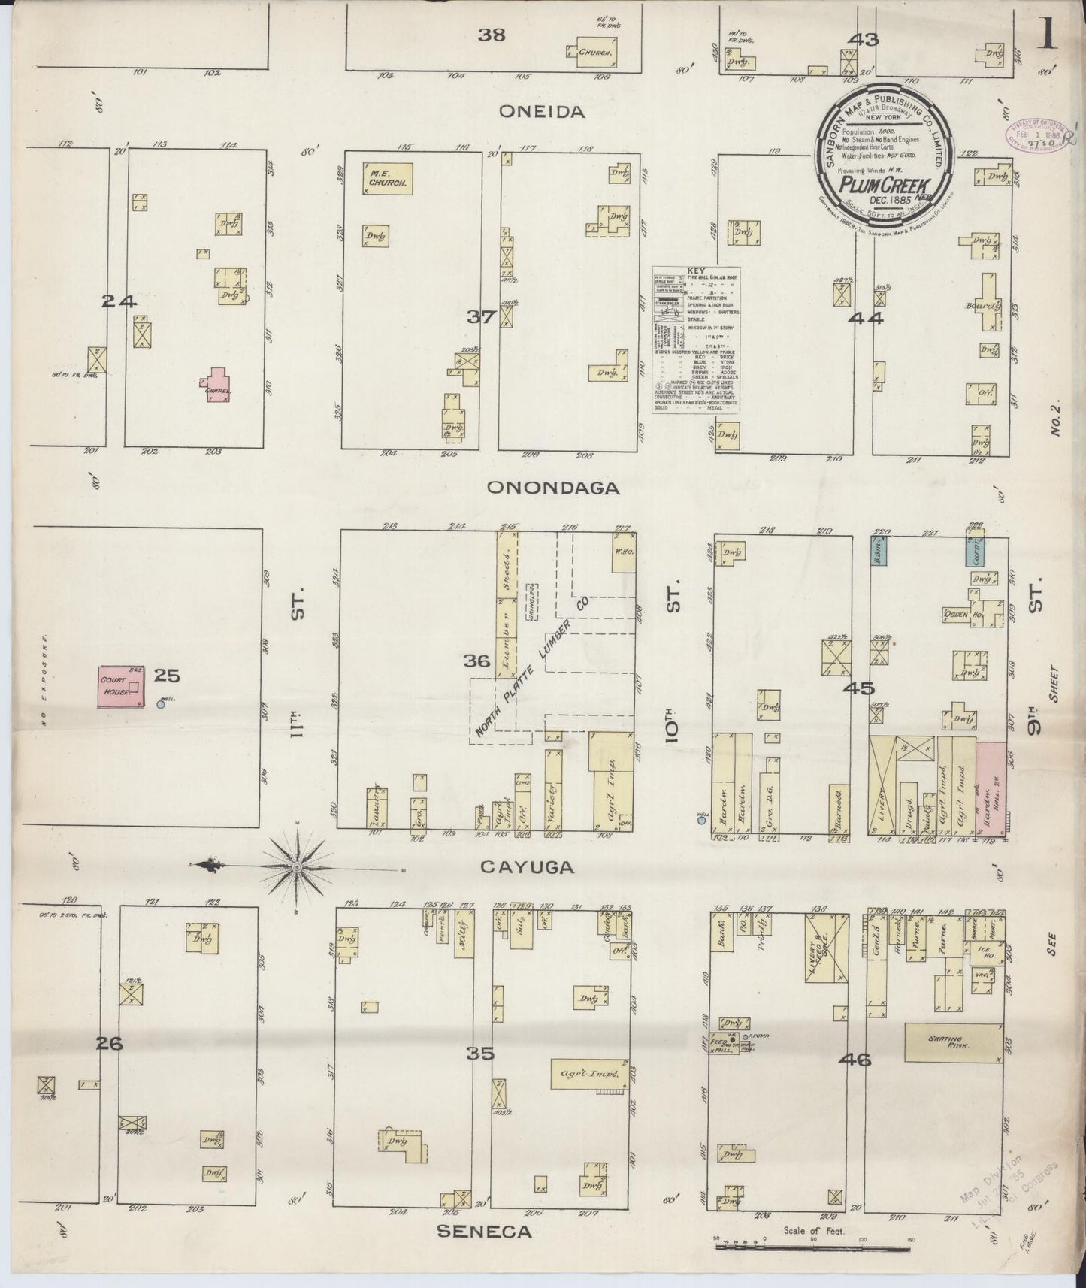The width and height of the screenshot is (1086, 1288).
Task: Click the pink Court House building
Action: coord(121,685)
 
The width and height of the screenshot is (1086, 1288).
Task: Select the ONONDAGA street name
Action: coord(553,488)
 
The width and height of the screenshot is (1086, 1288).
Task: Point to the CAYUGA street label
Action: coord(527,866)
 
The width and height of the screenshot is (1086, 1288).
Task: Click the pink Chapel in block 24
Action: coord(217,383)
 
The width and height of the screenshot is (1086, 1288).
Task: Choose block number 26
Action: coord(109,1043)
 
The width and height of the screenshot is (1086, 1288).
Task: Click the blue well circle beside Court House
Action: coord(161,704)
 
